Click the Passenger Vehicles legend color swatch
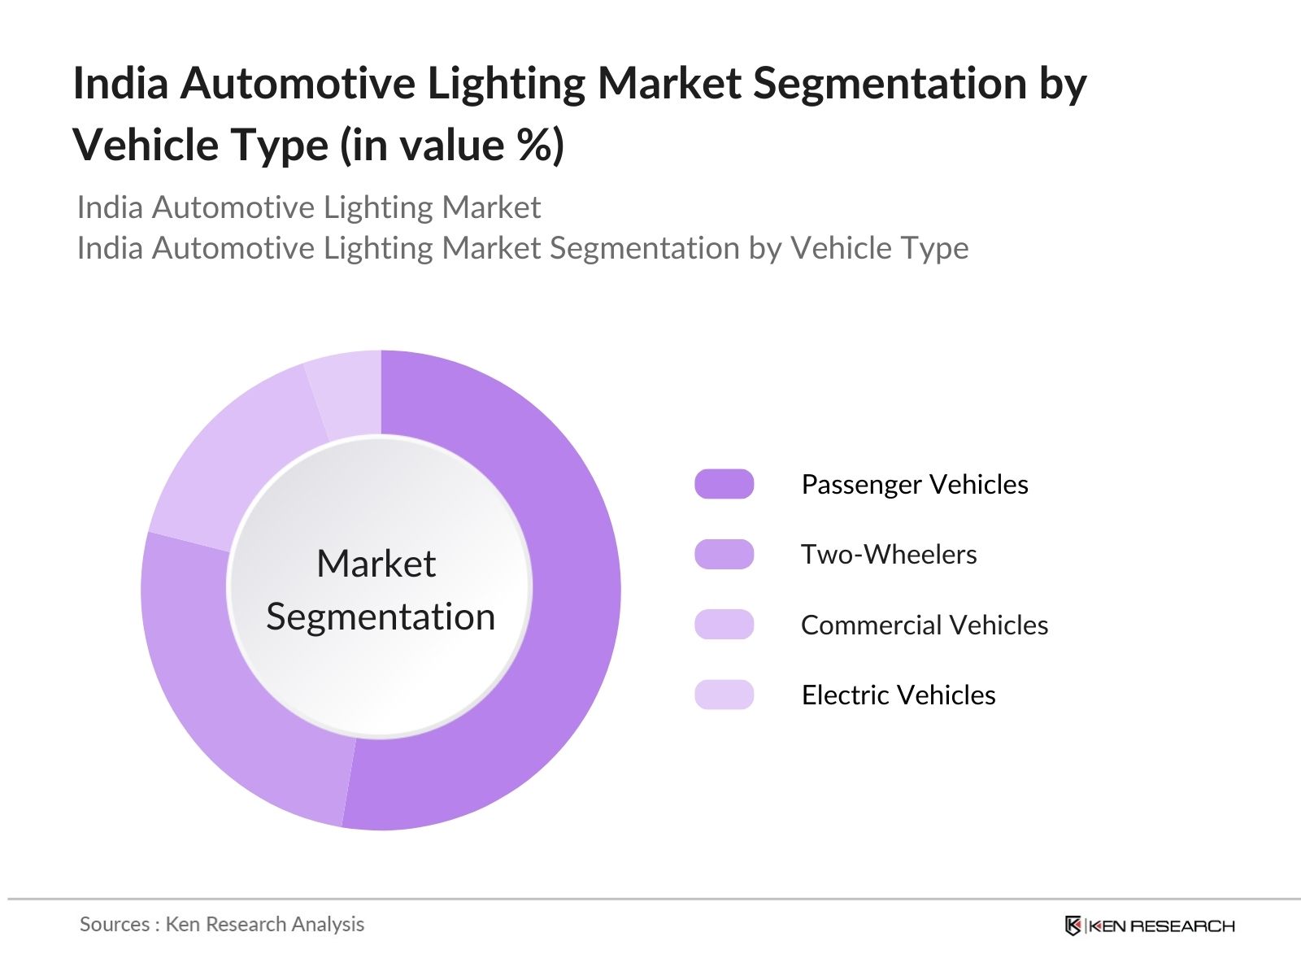(724, 484)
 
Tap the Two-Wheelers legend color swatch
(724, 554)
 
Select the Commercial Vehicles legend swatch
(724, 625)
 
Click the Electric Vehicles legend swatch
(724, 695)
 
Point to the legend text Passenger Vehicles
(915, 484)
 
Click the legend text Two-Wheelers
(889, 554)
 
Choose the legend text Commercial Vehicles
(925, 625)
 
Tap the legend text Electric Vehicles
(899, 695)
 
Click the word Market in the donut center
(376, 564)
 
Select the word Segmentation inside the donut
(381, 617)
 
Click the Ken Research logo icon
(1073, 926)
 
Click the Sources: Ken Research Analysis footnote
(222, 924)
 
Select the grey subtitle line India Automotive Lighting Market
(309, 207)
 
